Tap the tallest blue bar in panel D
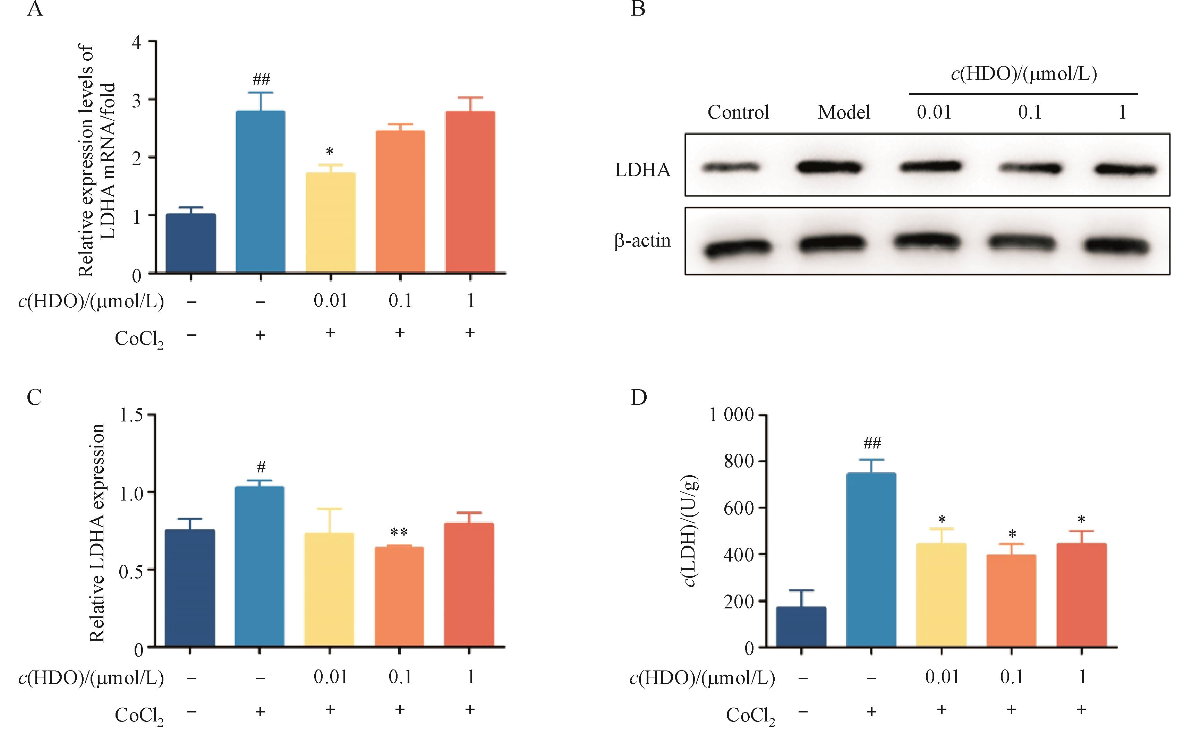point(871,559)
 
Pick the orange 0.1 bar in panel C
point(399,597)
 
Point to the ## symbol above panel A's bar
point(261,79)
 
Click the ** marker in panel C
point(399,532)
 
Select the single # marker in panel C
point(261,467)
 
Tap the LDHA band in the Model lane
point(830,168)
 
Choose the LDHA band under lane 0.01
point(930,167)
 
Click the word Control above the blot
point(738,113)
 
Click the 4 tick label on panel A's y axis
point(137,42)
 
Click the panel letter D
point(638,397)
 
